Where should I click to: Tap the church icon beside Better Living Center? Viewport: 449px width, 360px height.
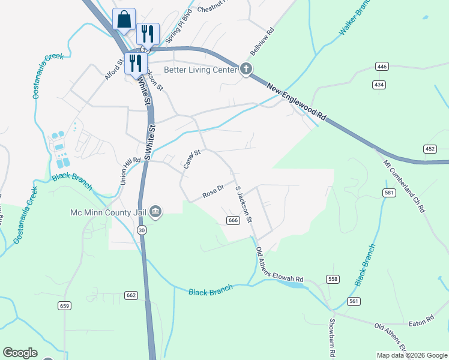point(246,69)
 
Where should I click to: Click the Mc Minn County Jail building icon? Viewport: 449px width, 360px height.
point(155,211)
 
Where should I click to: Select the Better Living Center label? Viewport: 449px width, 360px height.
point(193,69)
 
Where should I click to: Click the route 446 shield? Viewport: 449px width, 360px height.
point(381,66)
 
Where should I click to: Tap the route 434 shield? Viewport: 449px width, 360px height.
point(378,85)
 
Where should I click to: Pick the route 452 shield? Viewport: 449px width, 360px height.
point(430,149)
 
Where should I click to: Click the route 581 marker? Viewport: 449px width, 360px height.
point(388,192)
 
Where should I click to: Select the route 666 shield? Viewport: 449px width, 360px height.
point(234,221)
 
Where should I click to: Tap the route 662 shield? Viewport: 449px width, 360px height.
point(131,295)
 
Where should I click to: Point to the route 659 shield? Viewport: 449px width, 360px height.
point(64,305)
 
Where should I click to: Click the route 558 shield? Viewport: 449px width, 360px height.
point(333,280)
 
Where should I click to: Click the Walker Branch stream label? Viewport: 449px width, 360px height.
point(354,22)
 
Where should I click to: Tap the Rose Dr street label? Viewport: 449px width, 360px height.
point(213,191)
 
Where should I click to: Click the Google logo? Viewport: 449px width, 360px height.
point(20,353)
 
